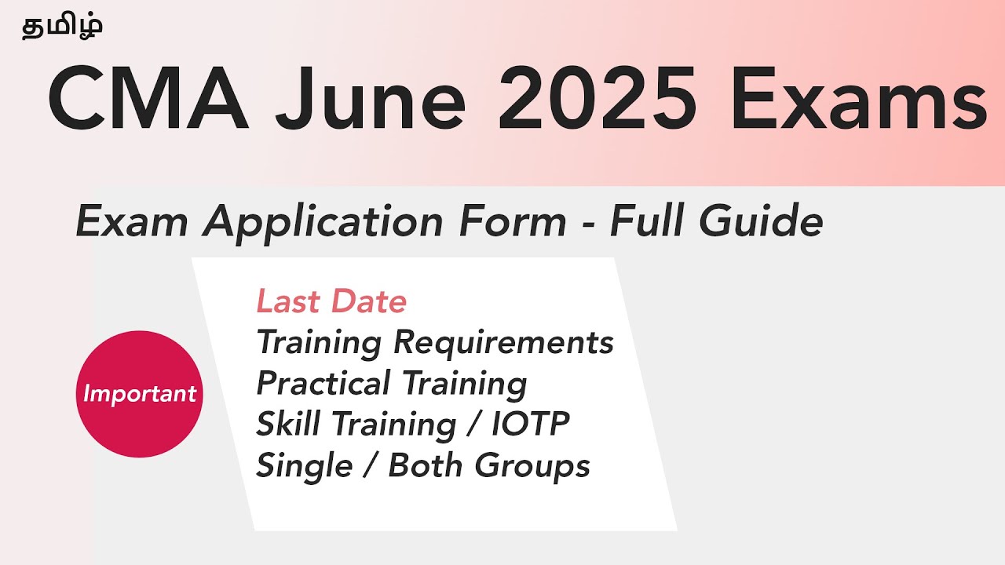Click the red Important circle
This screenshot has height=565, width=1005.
139,393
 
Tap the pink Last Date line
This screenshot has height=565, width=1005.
331,301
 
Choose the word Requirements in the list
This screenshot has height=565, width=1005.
503,343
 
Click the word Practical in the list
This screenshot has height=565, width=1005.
323,384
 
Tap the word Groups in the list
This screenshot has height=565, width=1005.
541,467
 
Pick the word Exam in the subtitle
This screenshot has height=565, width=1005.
133,221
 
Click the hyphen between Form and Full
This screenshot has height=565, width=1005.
589,223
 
